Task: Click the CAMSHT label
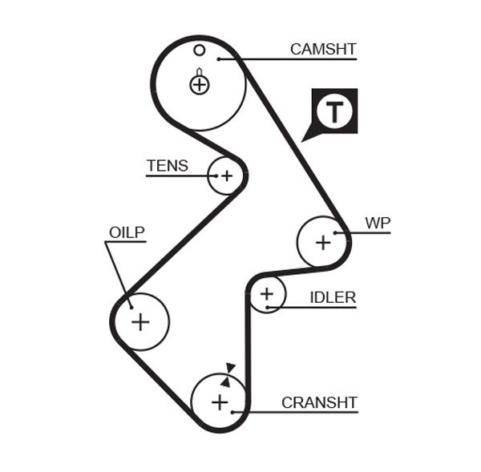pyautogui.click(x=322, y=49)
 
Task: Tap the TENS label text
pyautogui.click(x=167, y=166)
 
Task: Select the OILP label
pyautogui.click(x=127, y=232)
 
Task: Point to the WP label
pyautogui.click(x=377, y=222)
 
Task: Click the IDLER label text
pyautogui.click(x=332, y=297)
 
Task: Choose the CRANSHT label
pyautogui.click(x=318, y=402)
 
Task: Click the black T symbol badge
pyautogui.click(x=333, y=111)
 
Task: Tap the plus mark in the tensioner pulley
pyautogui.click(x=226, y=175)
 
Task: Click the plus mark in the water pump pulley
pyautogui.click(x=323, y=241)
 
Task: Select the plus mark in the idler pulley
pyautogui.click(x=267, y=295)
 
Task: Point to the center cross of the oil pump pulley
pyautogui.click(x=140, y=321)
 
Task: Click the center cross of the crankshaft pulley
pyautogui.click(x=220, y=401)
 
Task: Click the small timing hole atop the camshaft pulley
pyautogui.click(x=200, y=50)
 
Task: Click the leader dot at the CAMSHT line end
pyautogui.click(x=217, y=58)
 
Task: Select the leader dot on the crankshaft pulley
pyautogui.click(x=232, y=412)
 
